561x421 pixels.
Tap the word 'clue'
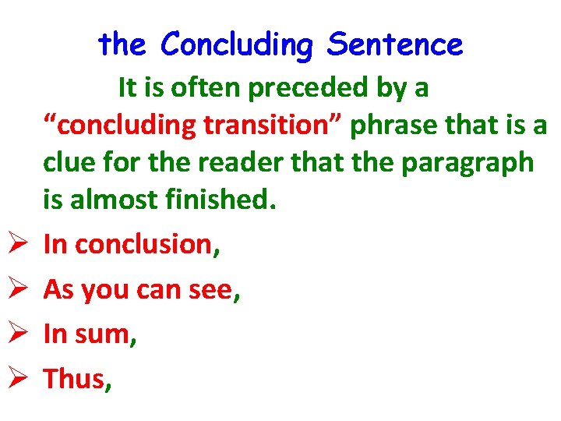(x=68, y=162)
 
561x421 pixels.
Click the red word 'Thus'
(x=73, y=379)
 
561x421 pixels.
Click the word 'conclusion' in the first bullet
(x=143, y=245)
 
